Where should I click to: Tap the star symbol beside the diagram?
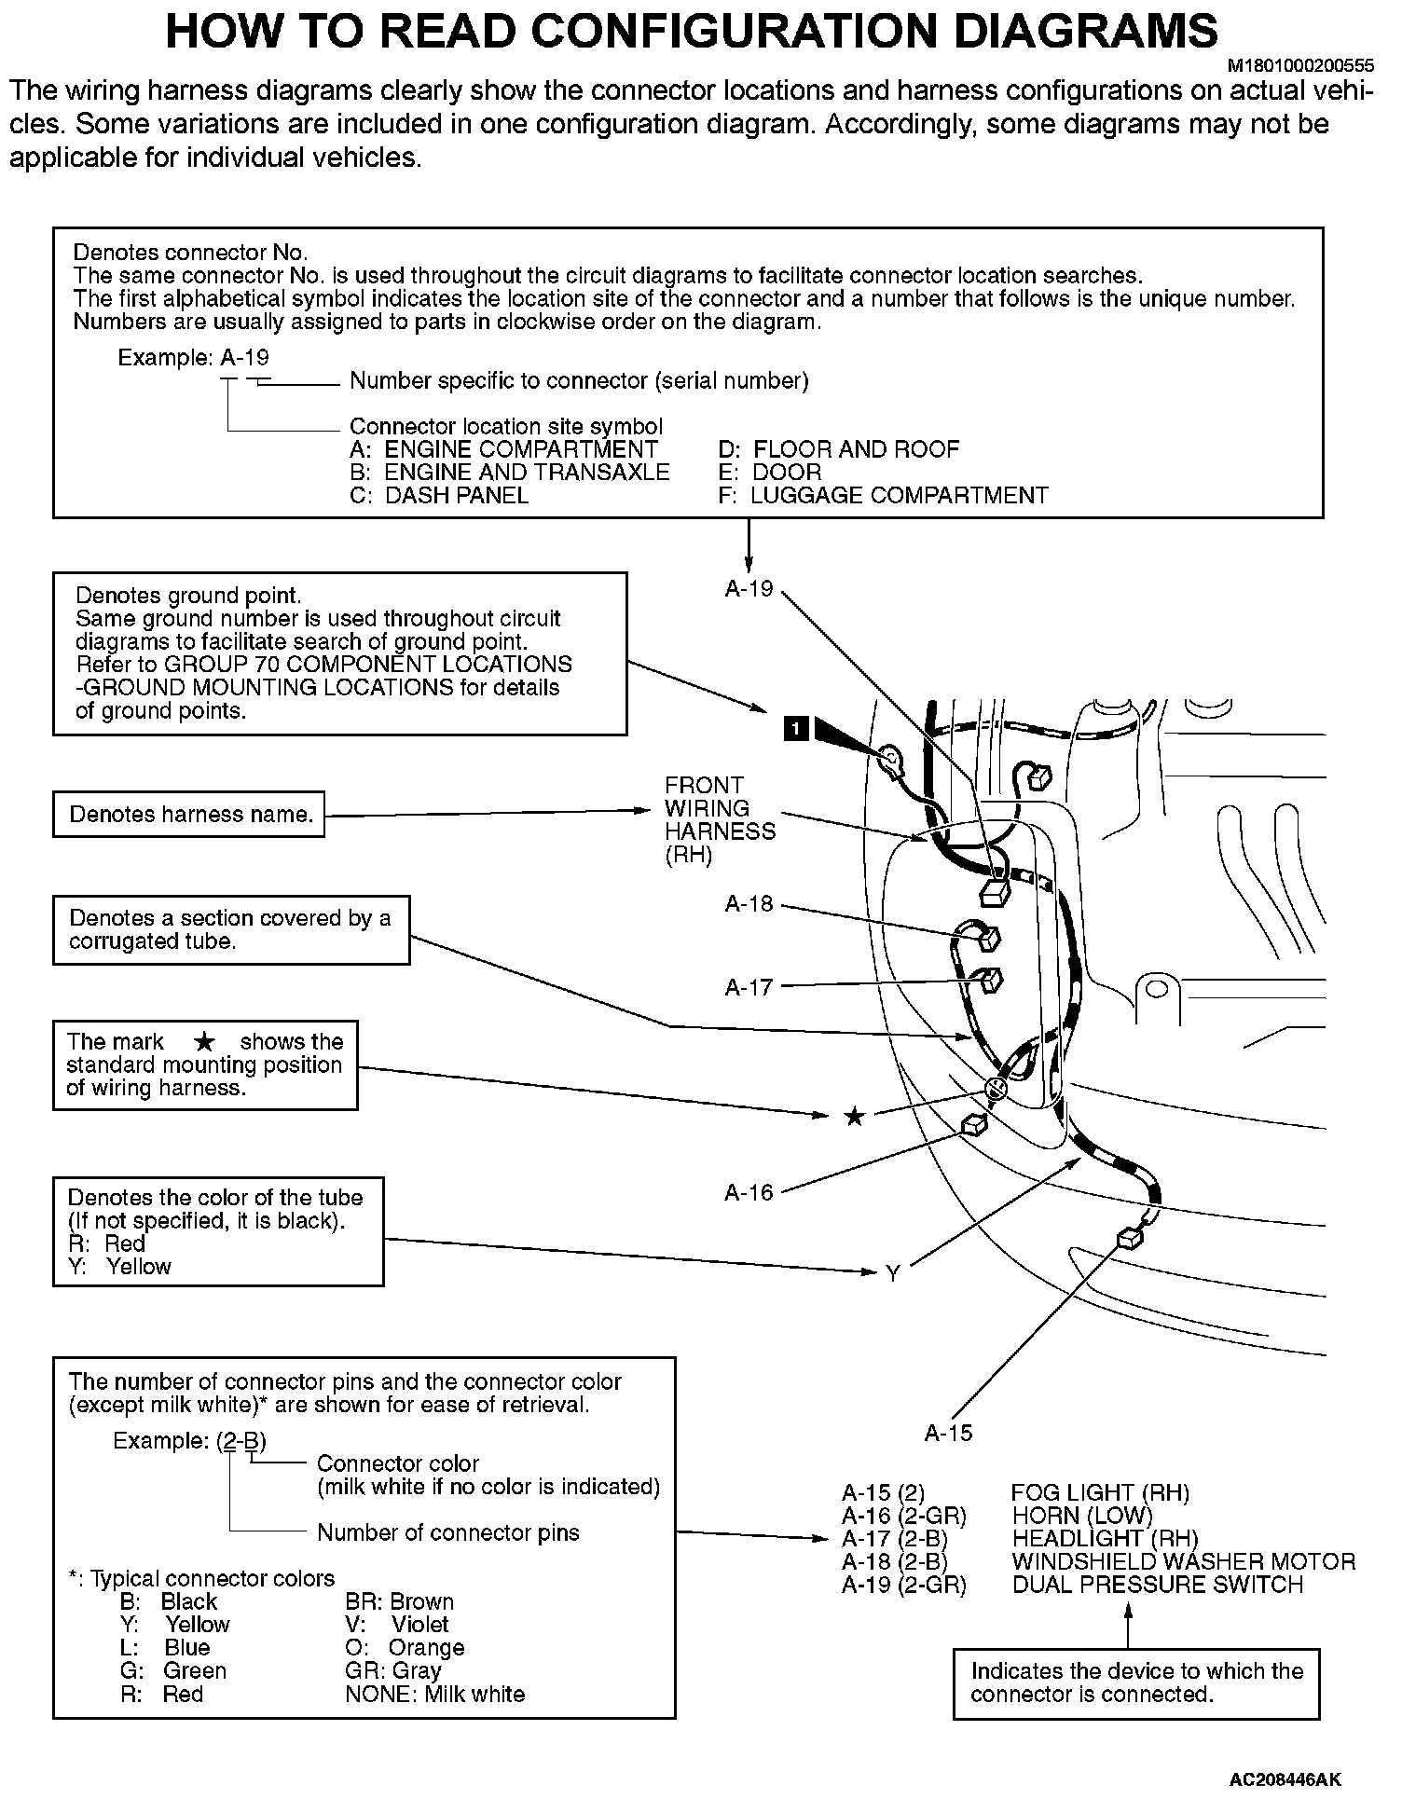854,1116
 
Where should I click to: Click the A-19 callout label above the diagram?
749,588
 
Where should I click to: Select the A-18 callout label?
749,903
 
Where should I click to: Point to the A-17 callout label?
749,986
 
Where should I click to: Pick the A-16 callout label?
749,1192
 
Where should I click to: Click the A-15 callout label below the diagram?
948,1434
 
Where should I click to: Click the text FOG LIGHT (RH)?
1100,1493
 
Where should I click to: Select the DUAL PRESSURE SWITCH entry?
1157,1585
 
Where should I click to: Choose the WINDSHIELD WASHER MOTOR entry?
1183,1561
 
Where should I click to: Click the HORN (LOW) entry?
1081,1516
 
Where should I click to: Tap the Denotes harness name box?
189,815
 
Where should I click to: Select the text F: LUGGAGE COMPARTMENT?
883,495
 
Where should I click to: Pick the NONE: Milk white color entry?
434,1694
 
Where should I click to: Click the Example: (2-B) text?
189,1441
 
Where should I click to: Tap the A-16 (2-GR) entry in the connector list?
903,1516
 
